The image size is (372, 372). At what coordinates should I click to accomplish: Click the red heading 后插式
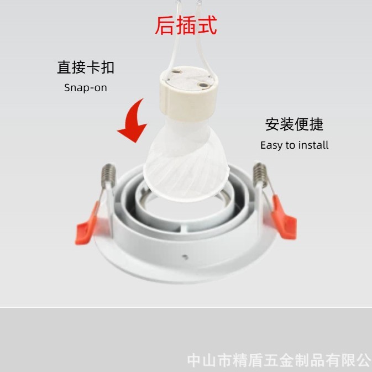click(186, 25)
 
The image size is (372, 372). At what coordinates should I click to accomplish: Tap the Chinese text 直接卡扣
click(86, 67)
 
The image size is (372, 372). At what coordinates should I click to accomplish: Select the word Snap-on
click(86, 88)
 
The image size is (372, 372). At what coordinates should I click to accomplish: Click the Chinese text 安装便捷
click(294, 124)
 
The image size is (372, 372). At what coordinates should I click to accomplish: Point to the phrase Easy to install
click(294, 145)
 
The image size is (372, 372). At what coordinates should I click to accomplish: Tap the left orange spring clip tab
click(87, 224)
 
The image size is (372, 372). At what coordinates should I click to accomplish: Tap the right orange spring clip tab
click(285, 218)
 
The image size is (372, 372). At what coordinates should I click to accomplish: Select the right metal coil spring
click(260, 173)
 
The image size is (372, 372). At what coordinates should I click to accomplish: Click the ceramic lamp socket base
click(188, 94)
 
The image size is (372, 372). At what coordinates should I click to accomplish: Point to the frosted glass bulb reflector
click(186, 161)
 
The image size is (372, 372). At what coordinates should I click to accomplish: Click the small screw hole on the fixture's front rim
click(185, 256)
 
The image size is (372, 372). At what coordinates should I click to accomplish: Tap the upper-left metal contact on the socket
click(176, 71)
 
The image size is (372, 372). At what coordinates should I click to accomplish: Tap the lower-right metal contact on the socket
click(203, 85)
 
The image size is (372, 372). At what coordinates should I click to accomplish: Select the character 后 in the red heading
click(165, 25)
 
